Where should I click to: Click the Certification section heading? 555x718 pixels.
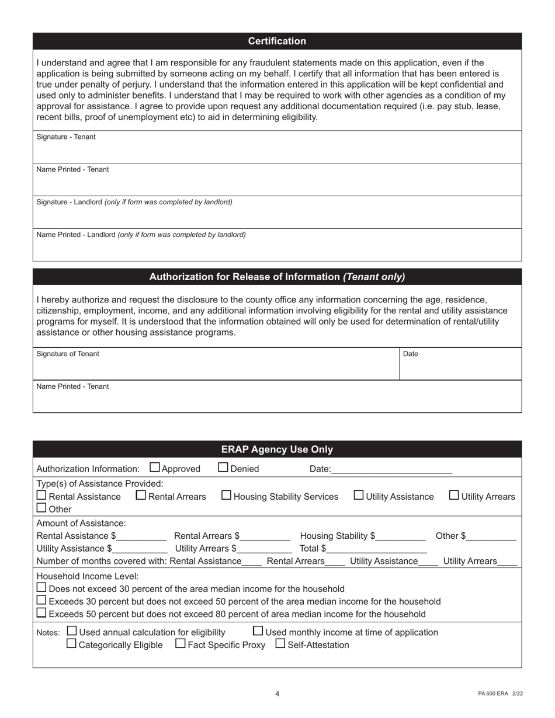tap(277, 41)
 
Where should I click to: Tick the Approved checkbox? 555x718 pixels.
tap(155, 467)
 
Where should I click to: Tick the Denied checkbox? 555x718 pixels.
tap(224, 467)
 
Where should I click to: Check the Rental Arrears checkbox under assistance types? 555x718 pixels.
tap(141, 495)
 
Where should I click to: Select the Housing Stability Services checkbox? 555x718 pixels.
tap(227, 495)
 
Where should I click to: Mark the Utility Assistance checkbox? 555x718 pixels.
tap(359, 495)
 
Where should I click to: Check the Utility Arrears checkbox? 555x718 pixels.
tap(454, 495)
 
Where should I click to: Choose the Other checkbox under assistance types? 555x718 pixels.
tap(41, 508)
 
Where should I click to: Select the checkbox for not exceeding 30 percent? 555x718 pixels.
tap(41, 587)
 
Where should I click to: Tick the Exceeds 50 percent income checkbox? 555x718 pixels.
tap(41, 613)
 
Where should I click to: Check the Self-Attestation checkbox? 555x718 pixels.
tap(280, 644)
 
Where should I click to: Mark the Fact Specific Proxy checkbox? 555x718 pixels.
tap(181, 644)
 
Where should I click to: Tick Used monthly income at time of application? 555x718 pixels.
tap(258, 631)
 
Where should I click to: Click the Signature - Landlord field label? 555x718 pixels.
tap(134, 202)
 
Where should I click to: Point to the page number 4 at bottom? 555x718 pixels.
tap(277, 693)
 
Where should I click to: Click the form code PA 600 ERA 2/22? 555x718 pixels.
tap(500, 693)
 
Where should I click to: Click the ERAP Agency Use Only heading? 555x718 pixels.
tap(277, 449)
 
